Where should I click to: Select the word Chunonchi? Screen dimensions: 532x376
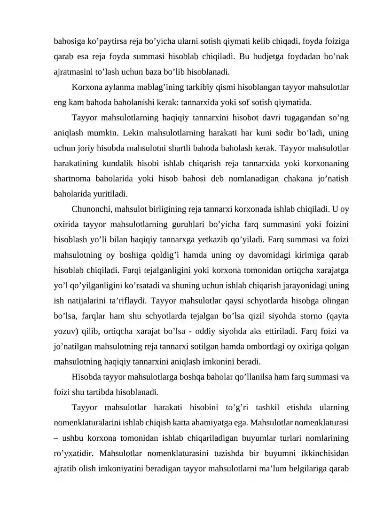(90, 208)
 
